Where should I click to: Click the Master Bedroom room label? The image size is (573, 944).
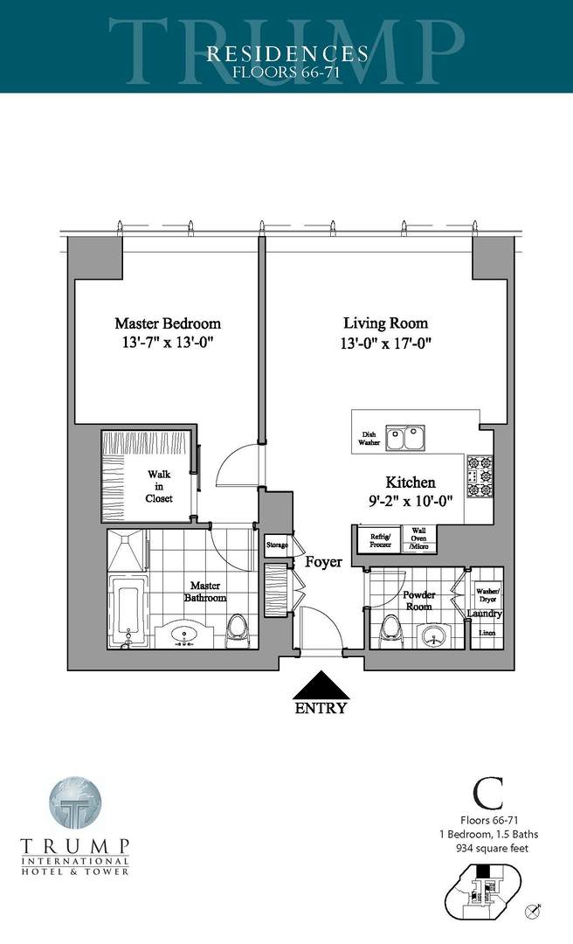pos(167,323)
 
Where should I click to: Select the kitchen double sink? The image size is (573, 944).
pos(405,437)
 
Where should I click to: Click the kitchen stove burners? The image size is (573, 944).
pos(480,476)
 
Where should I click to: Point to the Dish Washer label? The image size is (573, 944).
pos(368,439)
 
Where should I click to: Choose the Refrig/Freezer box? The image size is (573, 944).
pos(379,538)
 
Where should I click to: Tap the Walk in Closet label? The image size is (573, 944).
pos(159,486)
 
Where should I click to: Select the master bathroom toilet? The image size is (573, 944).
pos(237,629)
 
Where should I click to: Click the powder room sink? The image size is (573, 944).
pos(433,635)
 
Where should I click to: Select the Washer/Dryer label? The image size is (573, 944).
pos(487,595)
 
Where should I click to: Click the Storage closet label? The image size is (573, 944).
pos(277,545)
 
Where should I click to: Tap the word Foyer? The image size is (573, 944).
pos(323,562)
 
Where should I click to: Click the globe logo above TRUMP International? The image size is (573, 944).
pos(76,806)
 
